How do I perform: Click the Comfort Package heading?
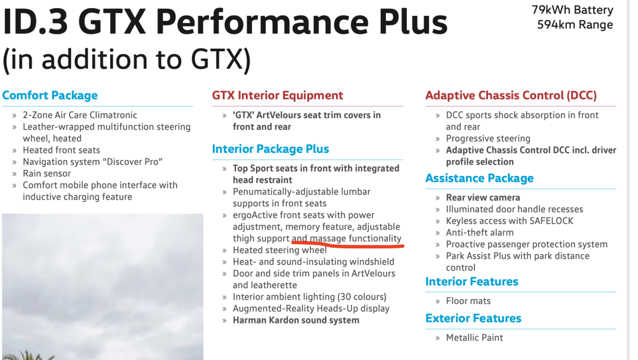(x=50, y=96)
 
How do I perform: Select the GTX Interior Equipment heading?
(x=277, y=95)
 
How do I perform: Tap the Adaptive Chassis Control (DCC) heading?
(x=511, y=96)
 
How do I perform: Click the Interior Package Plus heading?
(x=271, y=149)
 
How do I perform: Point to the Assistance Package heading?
(x=479, y=178)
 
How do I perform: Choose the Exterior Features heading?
(x=473, y=318)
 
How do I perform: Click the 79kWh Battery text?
(x=573, y=10)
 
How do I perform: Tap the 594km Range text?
(x=575, y=25)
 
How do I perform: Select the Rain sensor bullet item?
(x=47, y=174)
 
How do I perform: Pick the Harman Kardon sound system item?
(x=296, y=320)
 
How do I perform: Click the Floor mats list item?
(x=468, y=301)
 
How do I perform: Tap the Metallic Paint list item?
(x=474, y=338)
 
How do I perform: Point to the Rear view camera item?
(x=483, y=198)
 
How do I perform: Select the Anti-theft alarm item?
(x=480, y=233)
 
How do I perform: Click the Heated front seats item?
(x=61, y=151)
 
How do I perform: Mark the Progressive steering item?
(x=489, y=139)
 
